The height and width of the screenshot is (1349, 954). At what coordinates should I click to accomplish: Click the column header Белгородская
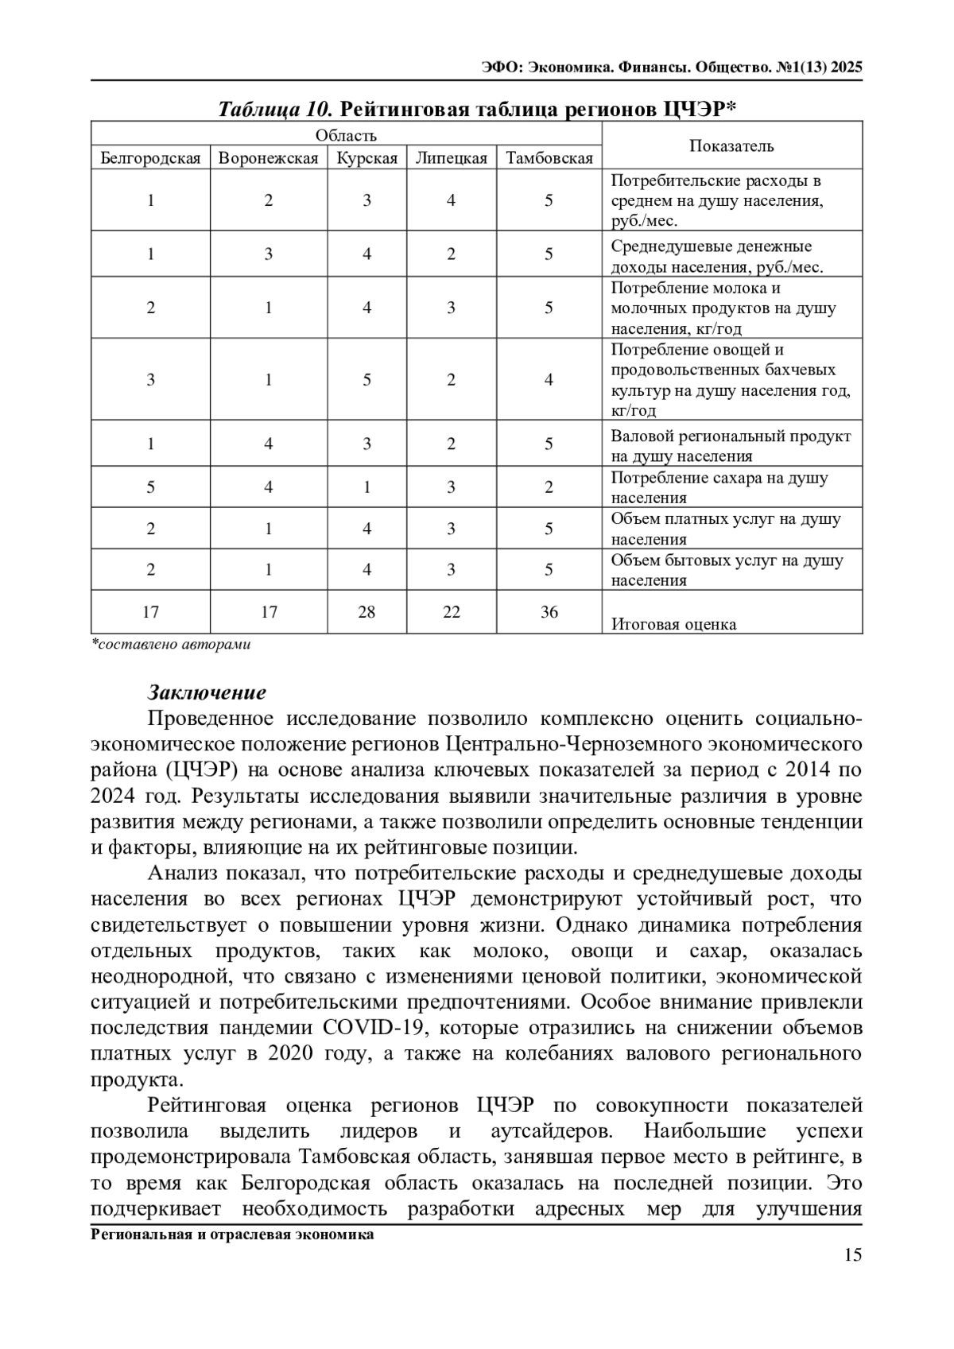click(x=150, y=158)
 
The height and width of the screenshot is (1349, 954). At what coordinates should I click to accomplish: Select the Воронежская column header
click(x=268, y=158)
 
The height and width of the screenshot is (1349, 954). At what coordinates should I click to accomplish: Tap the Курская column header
click(x=366, y=158)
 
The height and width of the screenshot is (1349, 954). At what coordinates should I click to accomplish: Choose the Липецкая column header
click(x=451, y=158)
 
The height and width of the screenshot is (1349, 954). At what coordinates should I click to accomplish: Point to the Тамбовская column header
click(x=549, y=158)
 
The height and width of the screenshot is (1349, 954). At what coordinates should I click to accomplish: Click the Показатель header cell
click(x=731, y=145)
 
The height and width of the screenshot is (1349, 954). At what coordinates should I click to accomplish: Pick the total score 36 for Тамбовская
click(x=549, y=612)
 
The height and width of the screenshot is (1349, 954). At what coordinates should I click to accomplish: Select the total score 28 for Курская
click(x=366, y=612)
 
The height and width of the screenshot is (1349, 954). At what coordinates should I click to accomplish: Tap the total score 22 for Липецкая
click(x=451, y=612)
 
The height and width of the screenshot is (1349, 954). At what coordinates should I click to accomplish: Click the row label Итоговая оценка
click(x=673, y=624)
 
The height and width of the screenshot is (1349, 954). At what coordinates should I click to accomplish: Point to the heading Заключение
click(x=207, y=692)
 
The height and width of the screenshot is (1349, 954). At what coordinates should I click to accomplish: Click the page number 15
click(x=852, y=1256)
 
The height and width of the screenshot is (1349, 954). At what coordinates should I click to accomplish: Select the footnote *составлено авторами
click(x=171, y=645)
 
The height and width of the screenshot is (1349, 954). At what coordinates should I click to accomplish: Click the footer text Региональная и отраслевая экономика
click(x=232, y=1235)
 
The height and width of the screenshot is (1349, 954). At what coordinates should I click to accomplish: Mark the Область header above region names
click(x=346, y=135)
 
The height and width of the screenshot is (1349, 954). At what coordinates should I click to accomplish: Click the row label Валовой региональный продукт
click(x=731, y=436)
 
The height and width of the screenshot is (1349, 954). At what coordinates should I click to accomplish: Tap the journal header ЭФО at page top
click(x=502, y=68)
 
